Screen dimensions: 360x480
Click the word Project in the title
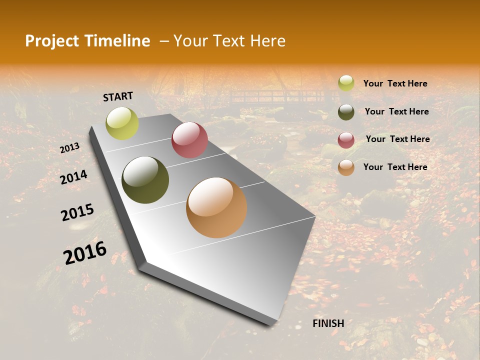51,41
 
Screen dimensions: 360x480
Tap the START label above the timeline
118,96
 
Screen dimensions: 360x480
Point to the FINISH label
328,323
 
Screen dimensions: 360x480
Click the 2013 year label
69,148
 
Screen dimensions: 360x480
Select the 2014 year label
73,177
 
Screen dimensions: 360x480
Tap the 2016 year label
85,252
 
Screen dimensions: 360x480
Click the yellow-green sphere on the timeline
122,123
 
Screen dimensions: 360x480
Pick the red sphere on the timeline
189,140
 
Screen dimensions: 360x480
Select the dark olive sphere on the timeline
145,180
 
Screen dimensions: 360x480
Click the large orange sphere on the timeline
216,207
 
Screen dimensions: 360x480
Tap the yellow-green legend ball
346,83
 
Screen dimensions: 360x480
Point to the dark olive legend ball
346,112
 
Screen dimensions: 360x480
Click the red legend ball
346,140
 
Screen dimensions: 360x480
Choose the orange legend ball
346,167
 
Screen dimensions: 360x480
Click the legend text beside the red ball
397,139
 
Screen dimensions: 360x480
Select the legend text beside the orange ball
395,167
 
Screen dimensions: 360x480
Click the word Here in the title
267,41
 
